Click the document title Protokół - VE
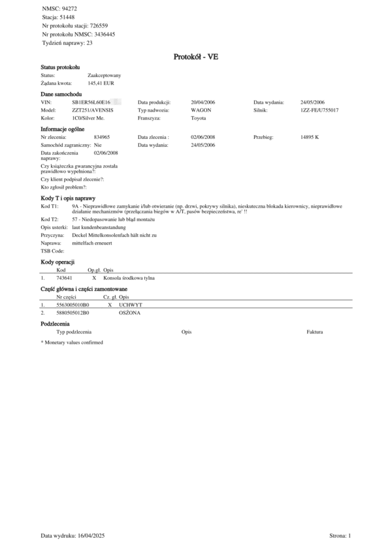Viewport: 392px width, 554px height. [x=195, y=57]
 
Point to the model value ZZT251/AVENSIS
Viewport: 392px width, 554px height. [x=92, y=111]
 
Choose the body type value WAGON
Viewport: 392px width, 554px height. [x=201, y=111]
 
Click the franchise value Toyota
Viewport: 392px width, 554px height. [x=198, y=119]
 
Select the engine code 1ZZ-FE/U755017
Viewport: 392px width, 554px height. [x=319, y=111]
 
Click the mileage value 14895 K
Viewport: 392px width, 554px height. [x=310, y=138]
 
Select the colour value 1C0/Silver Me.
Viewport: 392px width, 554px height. [x=88, y=119]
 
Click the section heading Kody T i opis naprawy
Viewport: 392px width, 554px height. [x=68, y=197]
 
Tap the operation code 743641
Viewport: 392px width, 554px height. [x=64, y=278]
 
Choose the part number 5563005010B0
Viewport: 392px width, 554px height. [x=73, y=305]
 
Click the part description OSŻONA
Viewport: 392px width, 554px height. [x=129, y=313]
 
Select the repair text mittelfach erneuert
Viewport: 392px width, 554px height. [x=92, y=242]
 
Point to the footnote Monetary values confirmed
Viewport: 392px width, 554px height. [x=74, y=342]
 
